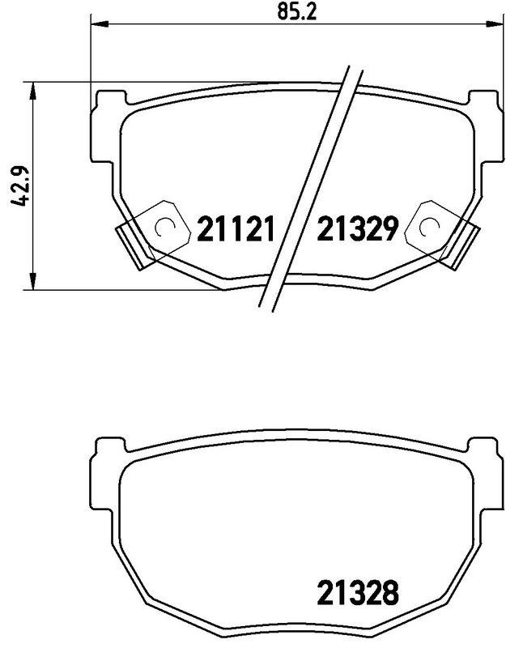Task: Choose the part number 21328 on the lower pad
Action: (x=357, y=596)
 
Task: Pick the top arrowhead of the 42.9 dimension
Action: (x=33, y=90)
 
